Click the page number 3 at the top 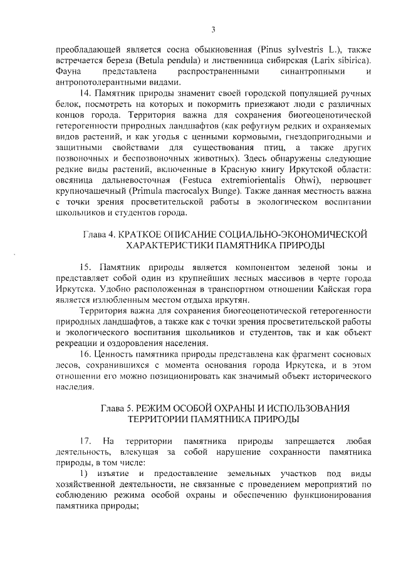point(214,29)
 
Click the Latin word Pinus point(273,48)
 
